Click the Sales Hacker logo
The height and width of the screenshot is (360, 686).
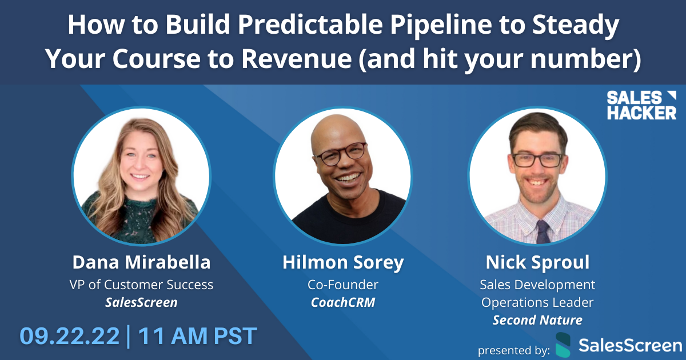[x=641, y=105]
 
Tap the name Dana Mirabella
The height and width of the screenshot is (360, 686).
[x=141, y=262]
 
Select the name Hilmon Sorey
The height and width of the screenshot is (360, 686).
[x=343, y=262]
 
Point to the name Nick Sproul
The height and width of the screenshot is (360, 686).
[x=537, y=262]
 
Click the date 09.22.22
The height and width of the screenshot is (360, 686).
[x=70, y=335]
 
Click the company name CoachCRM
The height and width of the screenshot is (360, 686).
[x=343, y=302]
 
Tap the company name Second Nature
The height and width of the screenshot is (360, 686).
[x=537, y=320]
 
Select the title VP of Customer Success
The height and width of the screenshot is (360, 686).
[x=141, y=284]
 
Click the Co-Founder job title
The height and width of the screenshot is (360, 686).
[x=343, y=284]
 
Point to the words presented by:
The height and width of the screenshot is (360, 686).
[x=513, y=349]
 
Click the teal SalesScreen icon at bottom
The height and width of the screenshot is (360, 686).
[x=563, y=345]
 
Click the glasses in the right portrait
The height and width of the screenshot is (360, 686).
[x=537, y=159]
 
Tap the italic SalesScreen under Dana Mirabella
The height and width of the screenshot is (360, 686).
[x=141, y=302]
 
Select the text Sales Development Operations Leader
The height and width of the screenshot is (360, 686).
[x=537, y=293]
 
